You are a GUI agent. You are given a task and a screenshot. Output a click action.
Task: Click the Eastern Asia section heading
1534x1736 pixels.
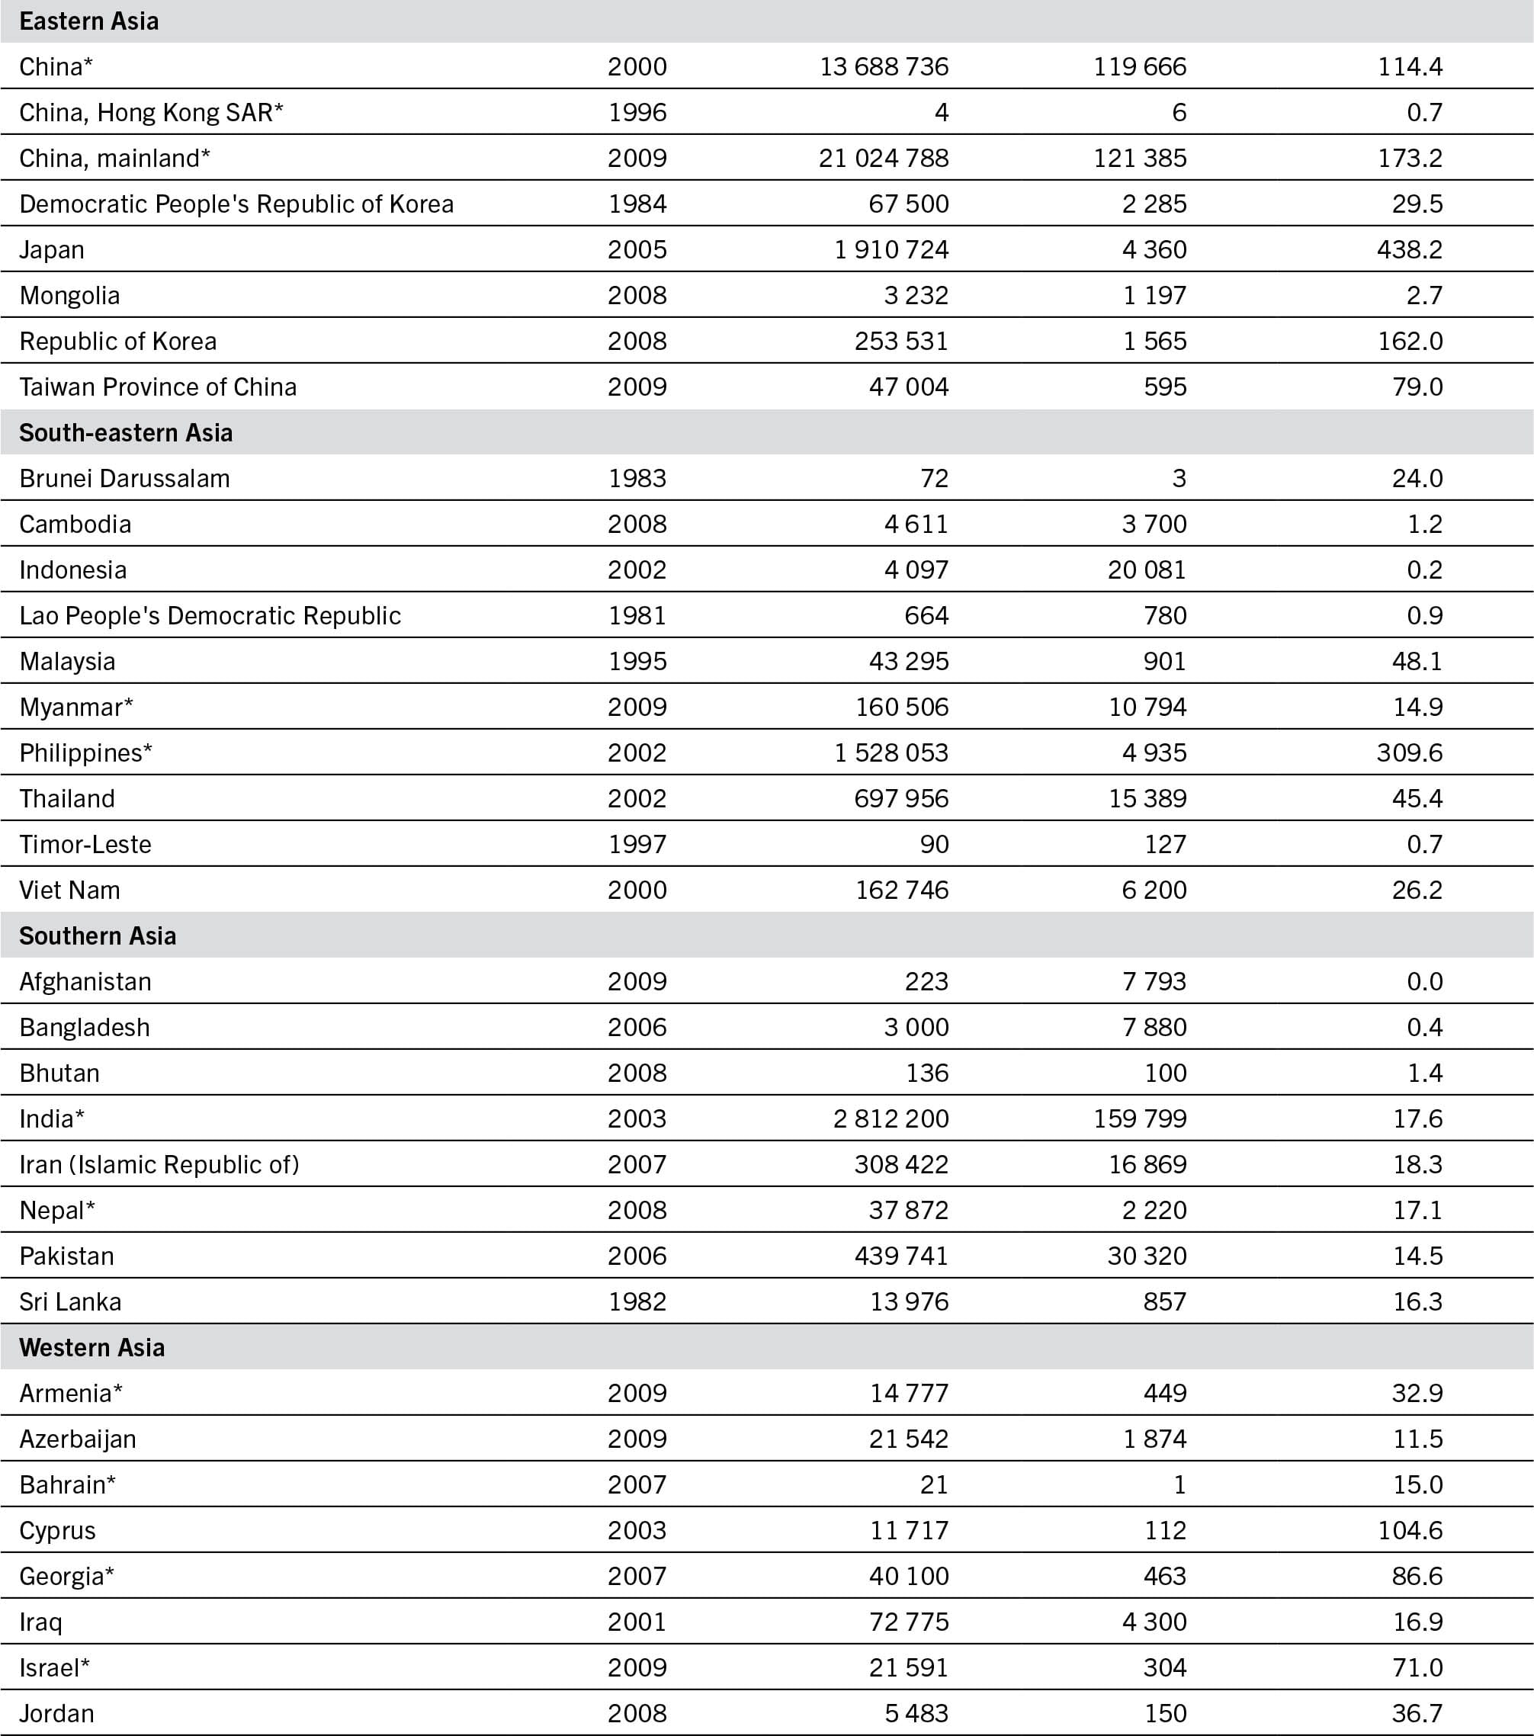pos(88,21)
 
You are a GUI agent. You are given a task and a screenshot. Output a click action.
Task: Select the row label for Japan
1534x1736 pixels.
pos(52,250)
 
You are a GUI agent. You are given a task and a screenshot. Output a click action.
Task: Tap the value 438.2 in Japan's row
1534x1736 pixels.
pos(1409,250)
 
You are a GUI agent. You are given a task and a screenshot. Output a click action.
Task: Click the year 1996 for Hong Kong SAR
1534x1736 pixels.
pos(637,112)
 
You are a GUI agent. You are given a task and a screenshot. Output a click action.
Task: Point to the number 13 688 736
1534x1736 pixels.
pos(884,66)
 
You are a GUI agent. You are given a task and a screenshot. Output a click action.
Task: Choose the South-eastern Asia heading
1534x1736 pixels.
pos(126,433)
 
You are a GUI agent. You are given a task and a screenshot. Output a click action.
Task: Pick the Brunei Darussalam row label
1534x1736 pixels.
pos(124,478)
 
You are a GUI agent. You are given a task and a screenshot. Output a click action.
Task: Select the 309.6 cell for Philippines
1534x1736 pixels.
pos(1409,752)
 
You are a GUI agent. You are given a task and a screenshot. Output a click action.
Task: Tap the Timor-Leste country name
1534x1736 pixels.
pos(85,844)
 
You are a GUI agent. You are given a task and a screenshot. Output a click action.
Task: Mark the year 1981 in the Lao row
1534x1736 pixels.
pos(637,616)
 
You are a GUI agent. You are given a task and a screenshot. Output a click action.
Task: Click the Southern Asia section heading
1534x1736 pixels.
pos(98,936)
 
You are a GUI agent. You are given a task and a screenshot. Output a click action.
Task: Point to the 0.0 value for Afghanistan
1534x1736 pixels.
pos(1424,982)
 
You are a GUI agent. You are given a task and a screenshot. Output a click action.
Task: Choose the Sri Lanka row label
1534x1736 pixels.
pos(70,1302)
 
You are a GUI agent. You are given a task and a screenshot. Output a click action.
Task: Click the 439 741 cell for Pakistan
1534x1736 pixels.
pos(900,1256)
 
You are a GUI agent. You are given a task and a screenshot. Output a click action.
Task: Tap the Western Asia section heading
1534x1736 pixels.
pos(91,1348)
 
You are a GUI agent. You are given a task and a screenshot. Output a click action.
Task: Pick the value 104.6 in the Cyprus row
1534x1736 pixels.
pos(1409,1530)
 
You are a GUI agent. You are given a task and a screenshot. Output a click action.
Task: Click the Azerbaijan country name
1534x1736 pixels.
pos(77,1439)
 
